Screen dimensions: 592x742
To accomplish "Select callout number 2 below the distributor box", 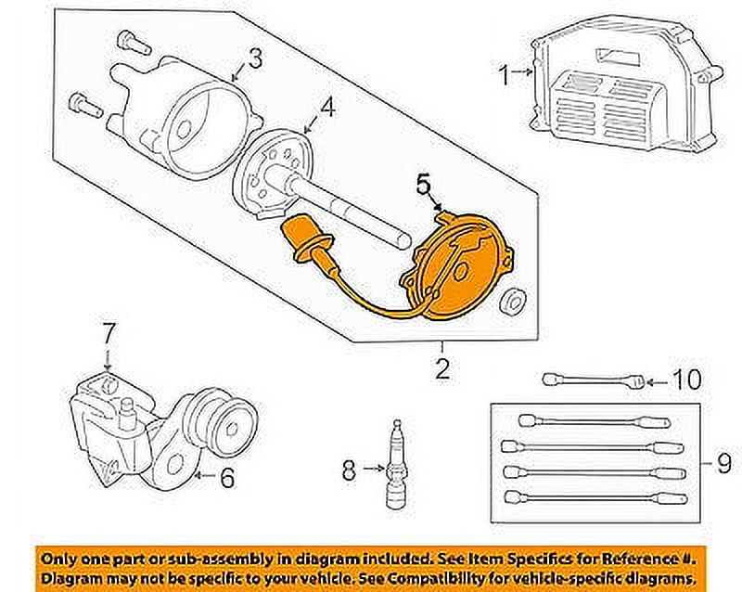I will click(441, 370).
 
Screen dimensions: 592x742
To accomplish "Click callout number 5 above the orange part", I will click(424, 187).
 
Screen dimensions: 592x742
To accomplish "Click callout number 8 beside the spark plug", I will click(348, 470).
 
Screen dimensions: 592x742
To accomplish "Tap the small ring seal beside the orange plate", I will click(509, 302).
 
